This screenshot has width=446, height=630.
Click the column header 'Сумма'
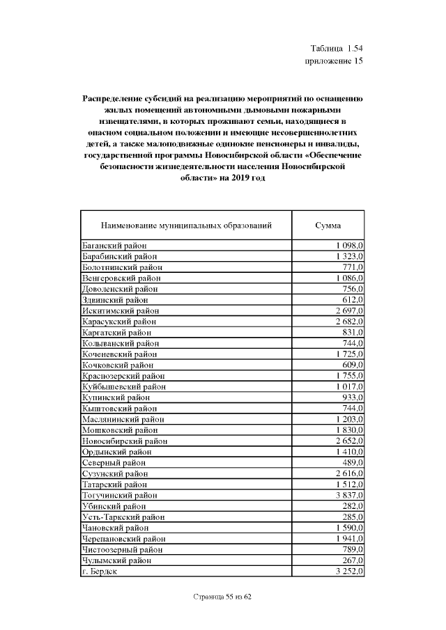[328, 226]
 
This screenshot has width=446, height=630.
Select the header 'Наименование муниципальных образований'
[186, 226]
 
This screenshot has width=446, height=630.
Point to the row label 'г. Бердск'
[100, 571]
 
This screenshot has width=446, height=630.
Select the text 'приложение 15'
[334, 61]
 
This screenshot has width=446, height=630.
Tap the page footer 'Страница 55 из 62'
[221, 597]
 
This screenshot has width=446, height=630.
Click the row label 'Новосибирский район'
[124, 441]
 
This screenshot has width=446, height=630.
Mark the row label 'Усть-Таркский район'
[123, 517]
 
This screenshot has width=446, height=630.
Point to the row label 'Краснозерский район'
[123, 376]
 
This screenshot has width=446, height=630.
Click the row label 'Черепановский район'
[124, 539]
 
